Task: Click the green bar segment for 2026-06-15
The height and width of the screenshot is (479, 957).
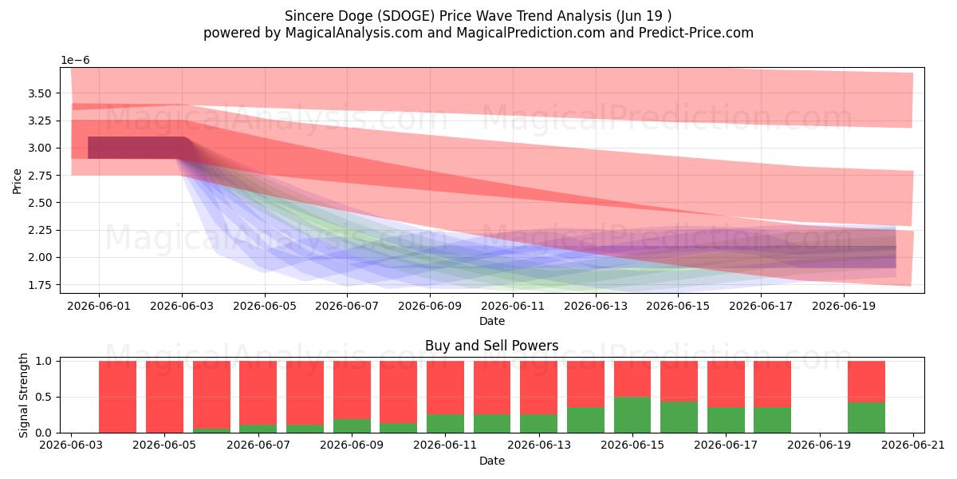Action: click(x=632, y=415)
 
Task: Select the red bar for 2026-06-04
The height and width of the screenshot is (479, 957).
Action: click(x=117, y=397)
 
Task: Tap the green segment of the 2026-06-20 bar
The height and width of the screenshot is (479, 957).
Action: click(x=866, y=418)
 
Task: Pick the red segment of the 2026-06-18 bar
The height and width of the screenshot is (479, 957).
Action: click(x=773, y=384)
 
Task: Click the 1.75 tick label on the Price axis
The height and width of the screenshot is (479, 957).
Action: click(x=39, y=285)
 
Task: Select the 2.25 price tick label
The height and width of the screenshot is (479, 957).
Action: click(x=39, y=231)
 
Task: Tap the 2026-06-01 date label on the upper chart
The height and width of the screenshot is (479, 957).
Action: click(x=99, y=307)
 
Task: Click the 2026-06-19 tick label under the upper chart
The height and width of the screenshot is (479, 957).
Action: click(x=844, y=307)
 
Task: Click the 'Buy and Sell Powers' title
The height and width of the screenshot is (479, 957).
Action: click(x=492, y=346)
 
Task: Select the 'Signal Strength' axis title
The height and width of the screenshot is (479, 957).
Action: click(x=23, y=396)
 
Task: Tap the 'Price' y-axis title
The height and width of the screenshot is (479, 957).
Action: click(x=17, y=182)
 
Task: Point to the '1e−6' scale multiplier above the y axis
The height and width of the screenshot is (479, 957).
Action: click(x=75, y=61)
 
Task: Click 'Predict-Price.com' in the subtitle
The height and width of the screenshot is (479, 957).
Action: click(x=696, y=33)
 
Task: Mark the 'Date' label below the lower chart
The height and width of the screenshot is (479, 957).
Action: click(x=492, y=461)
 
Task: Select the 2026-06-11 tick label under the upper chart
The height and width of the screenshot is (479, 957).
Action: click(x=513, y=307)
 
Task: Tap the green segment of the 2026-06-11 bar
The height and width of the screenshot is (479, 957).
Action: click(x=445, y=423)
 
